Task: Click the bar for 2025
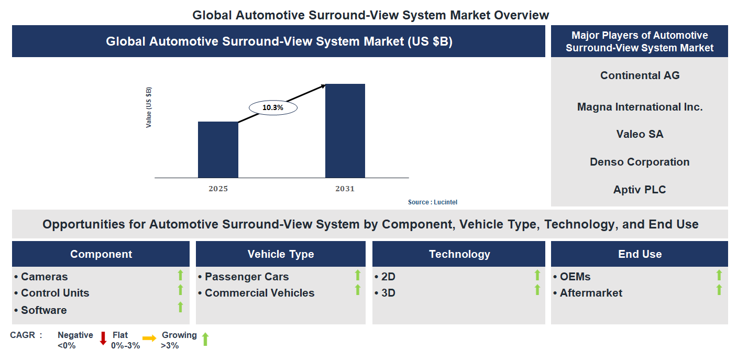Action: [x=218, y=150]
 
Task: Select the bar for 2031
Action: [x=345, y=131]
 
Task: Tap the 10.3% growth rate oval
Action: [x=272, y=107]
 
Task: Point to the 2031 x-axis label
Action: [x=345, y=189]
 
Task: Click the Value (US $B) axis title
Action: [x=149, y=107]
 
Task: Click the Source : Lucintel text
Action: [x=428, y=202]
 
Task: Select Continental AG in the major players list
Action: [x=640, y=75]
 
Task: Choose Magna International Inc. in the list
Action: [x=640, y=107]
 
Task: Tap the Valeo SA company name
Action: [x=640, y=134]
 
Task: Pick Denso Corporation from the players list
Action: [x=640, y=162]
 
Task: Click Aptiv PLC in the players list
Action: [x=640, y=190]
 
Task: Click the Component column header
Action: [x=101, y=254]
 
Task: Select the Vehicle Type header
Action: [x=281, y=254]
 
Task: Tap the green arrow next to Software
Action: [x=180, y=307]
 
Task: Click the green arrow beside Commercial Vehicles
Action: [x=358, y=290]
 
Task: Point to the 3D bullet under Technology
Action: [x=388, y=293]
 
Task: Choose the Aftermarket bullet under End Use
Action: [x=590, y=293]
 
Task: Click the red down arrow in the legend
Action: [x=103, y=339]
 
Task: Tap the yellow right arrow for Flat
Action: [x=149, y=339]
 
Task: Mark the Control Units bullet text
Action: [x=54, y=293]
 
